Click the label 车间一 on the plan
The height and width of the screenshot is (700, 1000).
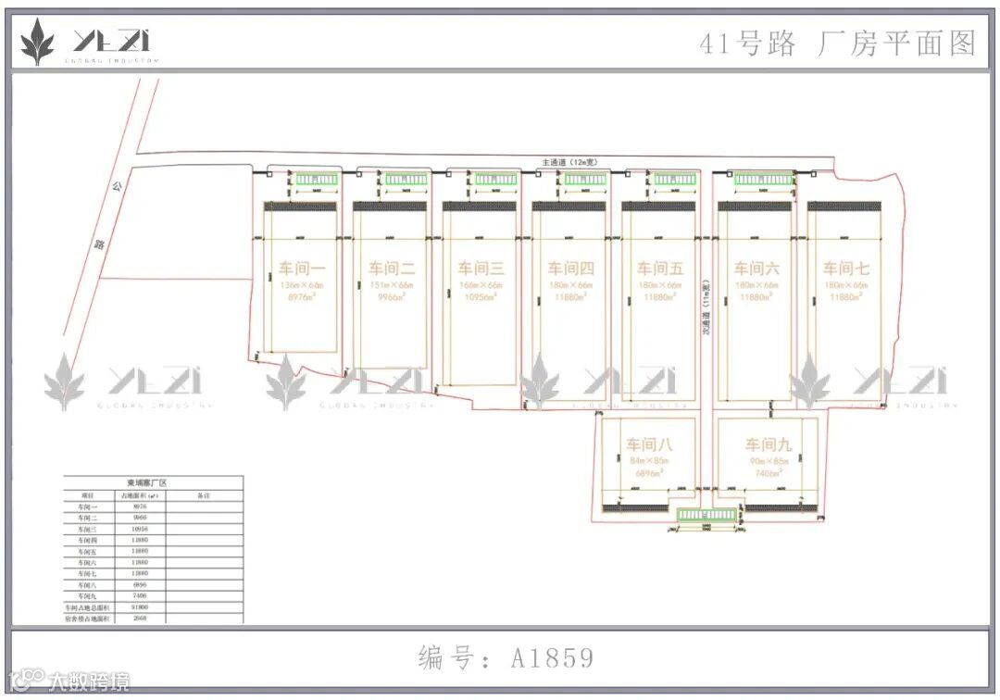click(302, 269)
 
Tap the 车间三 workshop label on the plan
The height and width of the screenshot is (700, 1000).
click(481, 269)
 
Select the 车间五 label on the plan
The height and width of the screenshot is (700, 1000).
click(659, 269)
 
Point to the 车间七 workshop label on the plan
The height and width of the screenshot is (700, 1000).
click(846, 269)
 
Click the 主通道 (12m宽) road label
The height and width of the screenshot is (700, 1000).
click(569, 163)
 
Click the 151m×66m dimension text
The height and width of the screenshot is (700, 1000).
click(391, 285)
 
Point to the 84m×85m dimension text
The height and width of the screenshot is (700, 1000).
click(649, 460)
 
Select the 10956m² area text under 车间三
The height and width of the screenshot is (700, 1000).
click(481, 297)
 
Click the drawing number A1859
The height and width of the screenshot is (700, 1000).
click(552, 658)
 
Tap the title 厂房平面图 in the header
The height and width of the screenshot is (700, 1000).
click(896, 44)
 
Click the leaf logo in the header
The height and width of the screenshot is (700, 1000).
click(37, 43)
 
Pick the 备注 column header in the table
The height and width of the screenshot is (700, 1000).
click(205, 495)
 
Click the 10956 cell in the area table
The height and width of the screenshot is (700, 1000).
click(140, 529)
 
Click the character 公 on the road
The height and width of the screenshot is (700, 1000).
click(118, 186)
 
